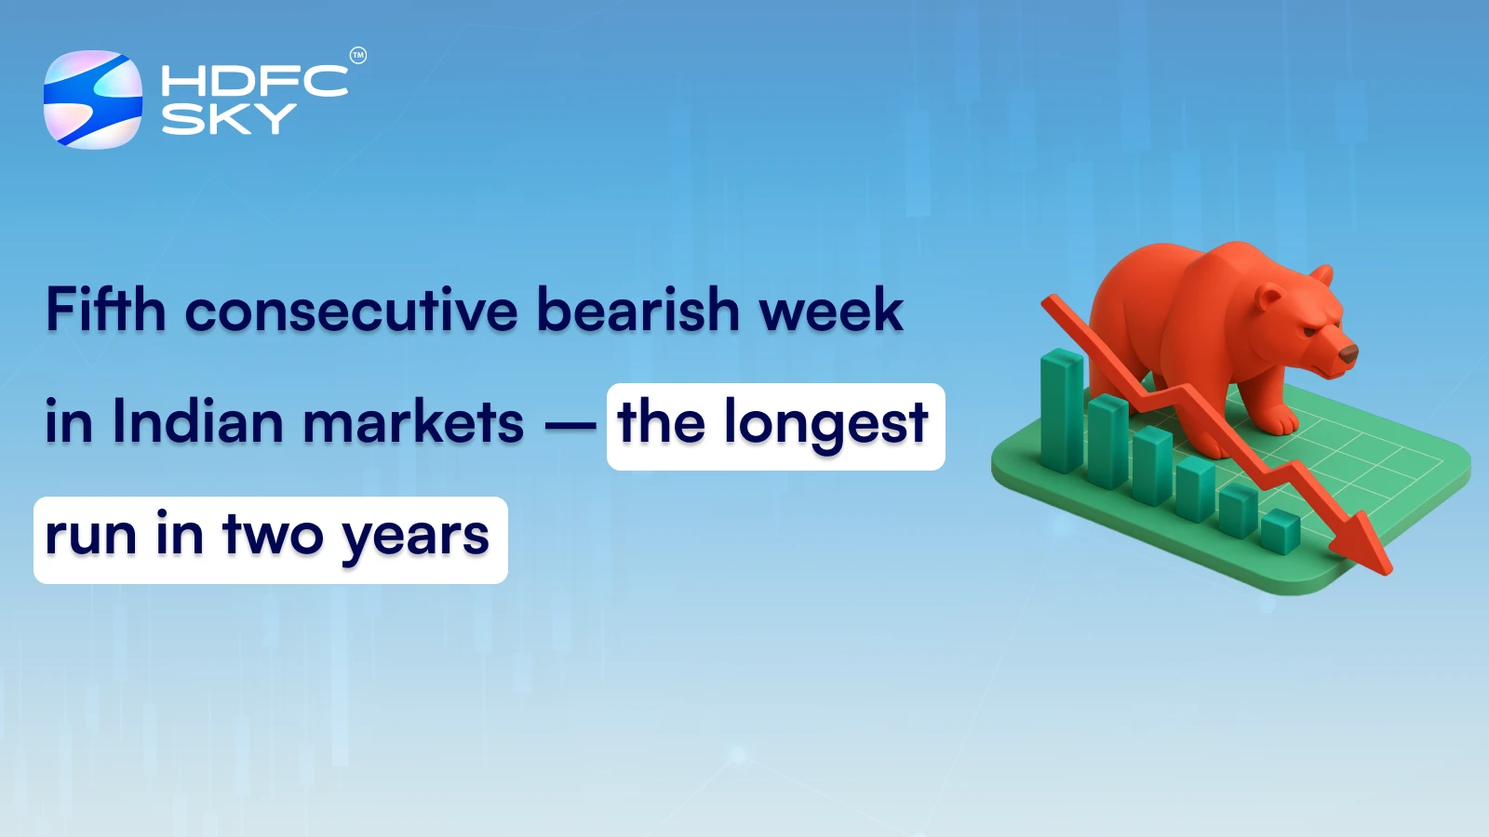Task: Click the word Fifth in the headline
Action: click(105, 310)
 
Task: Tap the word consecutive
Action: click(351, 312)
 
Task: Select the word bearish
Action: click(637, 310)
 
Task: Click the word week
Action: click(831, 310)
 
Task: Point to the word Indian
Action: click(197, 423)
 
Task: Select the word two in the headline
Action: click(273, 537)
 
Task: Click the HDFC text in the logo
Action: click(254, 81)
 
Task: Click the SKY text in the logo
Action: click(229, 119)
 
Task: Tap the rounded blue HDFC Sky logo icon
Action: click(93, 100)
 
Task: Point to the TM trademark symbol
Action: click(358, 56)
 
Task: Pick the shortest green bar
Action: click(1281, 532)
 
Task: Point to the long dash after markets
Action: click(570, 427)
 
